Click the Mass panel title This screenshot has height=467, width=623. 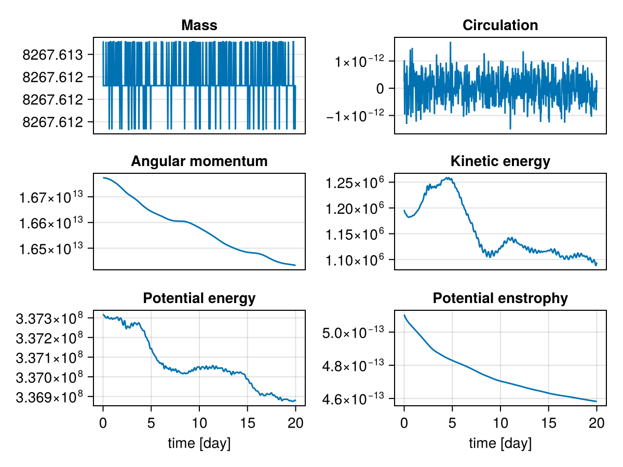[x=199, y=25]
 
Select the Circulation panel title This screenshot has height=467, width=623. [x=500, y=25]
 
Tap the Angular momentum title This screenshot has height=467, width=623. [x=199, y=161]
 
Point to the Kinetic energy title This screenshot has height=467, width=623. [x=500, y=161]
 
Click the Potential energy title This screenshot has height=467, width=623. [x=199, y=298]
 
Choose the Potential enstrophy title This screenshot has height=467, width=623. [x=500, y=298]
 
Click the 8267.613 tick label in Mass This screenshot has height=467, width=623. [x=52, y=54]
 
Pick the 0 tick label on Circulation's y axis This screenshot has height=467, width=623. [x=380, y=89]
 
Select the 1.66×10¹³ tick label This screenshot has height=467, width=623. [x=51, y=223]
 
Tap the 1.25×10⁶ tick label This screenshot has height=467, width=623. [x=355, y=182]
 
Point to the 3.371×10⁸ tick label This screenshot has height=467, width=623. [x=49, y=358]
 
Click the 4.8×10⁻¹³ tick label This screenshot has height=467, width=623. [x=353, y=365]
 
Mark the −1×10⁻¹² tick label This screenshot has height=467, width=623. [x=355, y=115]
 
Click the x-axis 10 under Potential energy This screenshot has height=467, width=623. [x=199, y=423]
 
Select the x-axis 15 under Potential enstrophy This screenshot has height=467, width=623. [x=548, y=423]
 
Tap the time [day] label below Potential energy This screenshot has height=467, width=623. [x=199, y=443]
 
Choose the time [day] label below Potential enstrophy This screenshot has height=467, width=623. [x=500, y=443]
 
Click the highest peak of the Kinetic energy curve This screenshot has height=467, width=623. [x=448, y=178]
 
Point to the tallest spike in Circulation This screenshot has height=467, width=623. [x=451, y=42]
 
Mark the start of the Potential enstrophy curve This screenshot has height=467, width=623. [x=404, y=315]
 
